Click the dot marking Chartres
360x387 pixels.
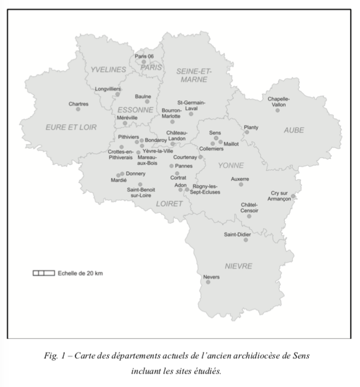[78, 109]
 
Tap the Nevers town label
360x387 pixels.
[211, 276]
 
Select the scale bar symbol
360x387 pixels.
[44, 273]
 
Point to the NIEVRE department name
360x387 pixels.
[238, 266]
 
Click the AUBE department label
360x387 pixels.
[294, 130]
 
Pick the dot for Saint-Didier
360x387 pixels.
[246, 240]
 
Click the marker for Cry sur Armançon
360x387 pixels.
[293, 196]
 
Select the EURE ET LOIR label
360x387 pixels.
[71, 127]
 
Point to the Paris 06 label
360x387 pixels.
[144, 56]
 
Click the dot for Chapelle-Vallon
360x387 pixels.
[277, 110]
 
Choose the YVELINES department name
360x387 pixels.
[108, 70]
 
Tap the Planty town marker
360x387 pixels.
[246, 132]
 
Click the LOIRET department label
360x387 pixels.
[169, 203]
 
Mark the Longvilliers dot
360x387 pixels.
[118, 94]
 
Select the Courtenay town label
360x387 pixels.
[186, 157]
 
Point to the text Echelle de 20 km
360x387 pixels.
[80, 273]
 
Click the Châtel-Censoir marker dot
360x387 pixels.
[249, 216]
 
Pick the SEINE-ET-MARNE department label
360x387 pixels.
[194, 75]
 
